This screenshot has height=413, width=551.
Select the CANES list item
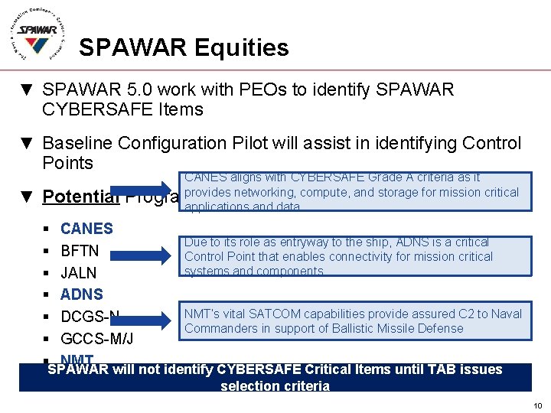tap(86, 229)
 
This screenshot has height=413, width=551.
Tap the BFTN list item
tap(80, 251)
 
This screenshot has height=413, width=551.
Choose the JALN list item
tap(79, 272)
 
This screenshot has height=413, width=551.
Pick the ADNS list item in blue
tap(81, 294)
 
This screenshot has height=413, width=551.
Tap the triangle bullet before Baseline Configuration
tap(28, 144)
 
